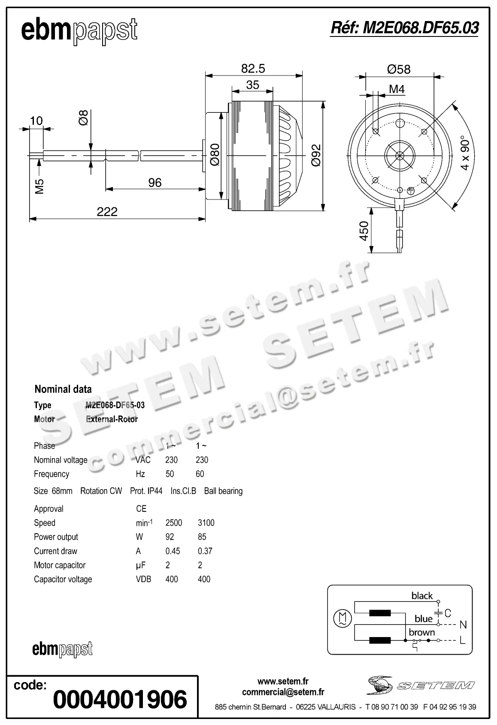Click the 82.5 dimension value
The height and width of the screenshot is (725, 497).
point(253,69)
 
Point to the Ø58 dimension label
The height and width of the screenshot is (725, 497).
point(398,69)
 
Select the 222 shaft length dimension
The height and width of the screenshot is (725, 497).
point(107,212)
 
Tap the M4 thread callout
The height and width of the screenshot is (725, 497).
point(397,89)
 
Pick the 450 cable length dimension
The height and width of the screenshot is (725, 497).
point(364,231)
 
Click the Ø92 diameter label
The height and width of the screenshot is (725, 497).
point(316,156)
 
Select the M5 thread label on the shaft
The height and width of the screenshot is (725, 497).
point(39,186)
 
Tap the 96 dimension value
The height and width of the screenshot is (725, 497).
point(155,183)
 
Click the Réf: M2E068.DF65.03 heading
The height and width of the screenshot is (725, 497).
point(404,28)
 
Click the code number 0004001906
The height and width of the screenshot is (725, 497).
point(120,700)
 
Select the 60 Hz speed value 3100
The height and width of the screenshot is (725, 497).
point(206,523)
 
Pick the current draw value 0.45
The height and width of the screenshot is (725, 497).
point(173,551)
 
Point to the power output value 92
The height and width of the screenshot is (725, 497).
point(170,537)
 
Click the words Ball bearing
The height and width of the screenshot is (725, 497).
point(223,491)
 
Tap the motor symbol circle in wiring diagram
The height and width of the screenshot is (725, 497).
point(342,618)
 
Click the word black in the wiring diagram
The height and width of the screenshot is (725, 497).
point(422,596)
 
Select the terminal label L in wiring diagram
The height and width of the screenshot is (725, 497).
point(462,640)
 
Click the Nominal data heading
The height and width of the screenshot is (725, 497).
point(63,390)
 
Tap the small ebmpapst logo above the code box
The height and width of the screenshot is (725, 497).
point(62,650)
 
